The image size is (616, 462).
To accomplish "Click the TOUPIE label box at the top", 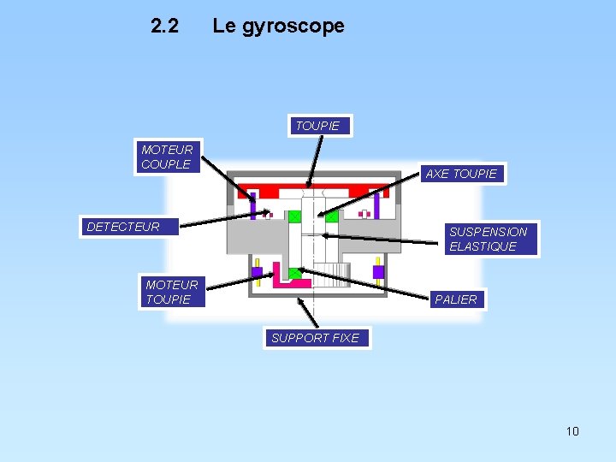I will (317, 126).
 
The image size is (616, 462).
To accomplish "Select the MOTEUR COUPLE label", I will (167, 157).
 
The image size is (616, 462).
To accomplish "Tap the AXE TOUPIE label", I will (460, 174).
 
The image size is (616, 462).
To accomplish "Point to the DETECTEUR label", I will (123, 227).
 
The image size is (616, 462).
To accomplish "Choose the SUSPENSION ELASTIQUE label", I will (489, 239).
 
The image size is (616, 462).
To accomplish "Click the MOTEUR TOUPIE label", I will (171, 292).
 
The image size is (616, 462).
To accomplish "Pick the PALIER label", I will (456, 299).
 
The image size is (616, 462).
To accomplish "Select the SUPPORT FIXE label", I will (315, 338).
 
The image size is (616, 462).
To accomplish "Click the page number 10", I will (572, 431).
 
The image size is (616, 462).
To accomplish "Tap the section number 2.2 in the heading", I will (164, 26).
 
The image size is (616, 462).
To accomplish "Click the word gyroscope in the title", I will (293, 26).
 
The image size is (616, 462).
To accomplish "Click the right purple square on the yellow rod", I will (378, 272).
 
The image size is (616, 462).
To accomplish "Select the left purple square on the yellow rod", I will (257, 272).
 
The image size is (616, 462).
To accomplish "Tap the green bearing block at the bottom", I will (295, 274).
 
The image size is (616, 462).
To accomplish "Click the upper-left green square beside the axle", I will (294, 216).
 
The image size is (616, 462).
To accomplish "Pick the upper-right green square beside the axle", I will (331, 216).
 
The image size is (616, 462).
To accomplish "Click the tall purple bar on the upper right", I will (376, 205).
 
